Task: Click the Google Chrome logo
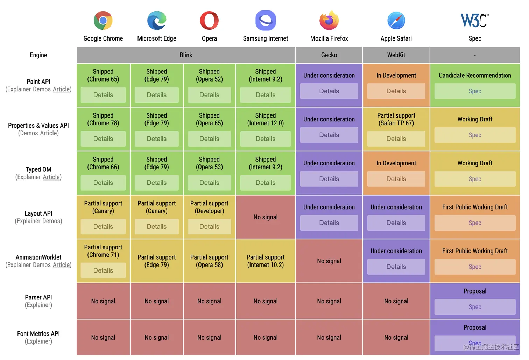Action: [103, 21]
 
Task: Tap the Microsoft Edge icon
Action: [156, 21]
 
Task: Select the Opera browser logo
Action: [209, 21]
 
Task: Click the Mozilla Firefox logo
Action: [329, 20]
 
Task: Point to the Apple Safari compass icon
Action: [396, 21]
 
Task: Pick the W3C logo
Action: [474, 20]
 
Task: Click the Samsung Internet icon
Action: [266, 21]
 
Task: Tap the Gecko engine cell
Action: [329, 55]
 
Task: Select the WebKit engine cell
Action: [396, 55]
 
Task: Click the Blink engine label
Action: [186, 55]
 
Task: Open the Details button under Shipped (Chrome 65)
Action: [103, 95]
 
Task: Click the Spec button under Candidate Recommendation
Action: [475, 91]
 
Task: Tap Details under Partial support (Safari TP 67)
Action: [396, 139]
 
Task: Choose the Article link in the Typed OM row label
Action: [51, 177]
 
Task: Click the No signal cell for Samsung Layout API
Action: [266, 217]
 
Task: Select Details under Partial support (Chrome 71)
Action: [103, 270]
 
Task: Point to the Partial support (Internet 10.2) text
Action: [266, 261]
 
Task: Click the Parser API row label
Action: [38, 297]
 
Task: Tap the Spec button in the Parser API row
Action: [475, 307]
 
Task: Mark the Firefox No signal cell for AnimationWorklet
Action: [329, 261]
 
